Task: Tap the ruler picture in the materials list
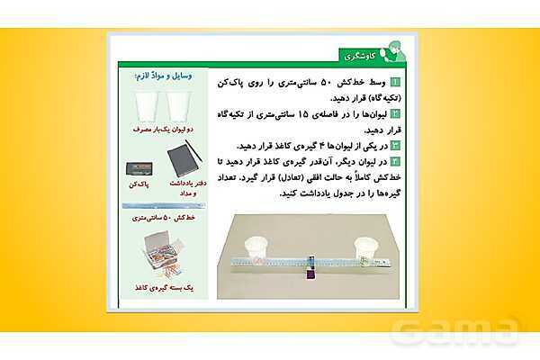163,205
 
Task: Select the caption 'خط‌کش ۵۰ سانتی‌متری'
163,217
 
